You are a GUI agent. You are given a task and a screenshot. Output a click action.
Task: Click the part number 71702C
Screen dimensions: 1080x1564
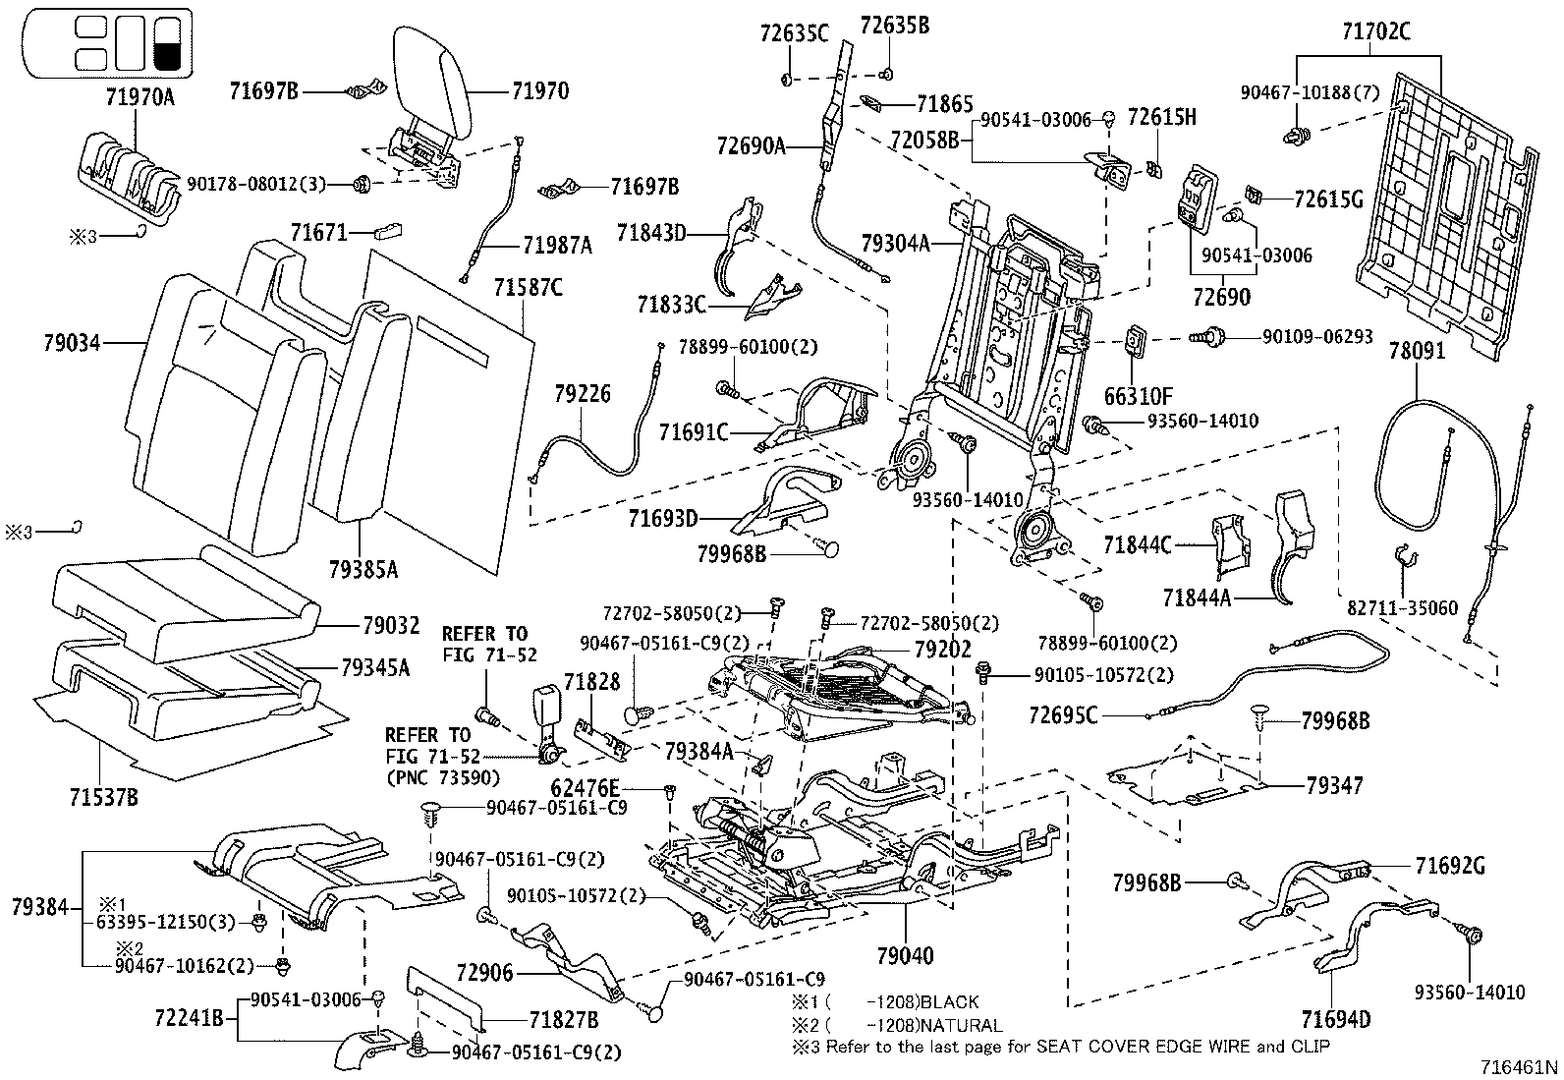coord(1375,32)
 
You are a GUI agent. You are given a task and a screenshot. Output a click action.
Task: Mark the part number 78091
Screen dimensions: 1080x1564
coord(1418,351)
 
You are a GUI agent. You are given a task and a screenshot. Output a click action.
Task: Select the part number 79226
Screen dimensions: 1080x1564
coord(583,394)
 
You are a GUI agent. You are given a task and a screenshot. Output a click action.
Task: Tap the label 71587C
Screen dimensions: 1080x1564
coord(528,288)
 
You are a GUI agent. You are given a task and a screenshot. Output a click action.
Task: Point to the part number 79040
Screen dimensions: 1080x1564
coord(905,955)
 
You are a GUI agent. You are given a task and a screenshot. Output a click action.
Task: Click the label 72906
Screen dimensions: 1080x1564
coord(484,974)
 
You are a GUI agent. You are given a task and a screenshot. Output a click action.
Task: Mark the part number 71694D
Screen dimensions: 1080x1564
coord(1336,1019)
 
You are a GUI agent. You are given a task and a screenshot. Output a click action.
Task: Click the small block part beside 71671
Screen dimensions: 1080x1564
coord(388,233)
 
